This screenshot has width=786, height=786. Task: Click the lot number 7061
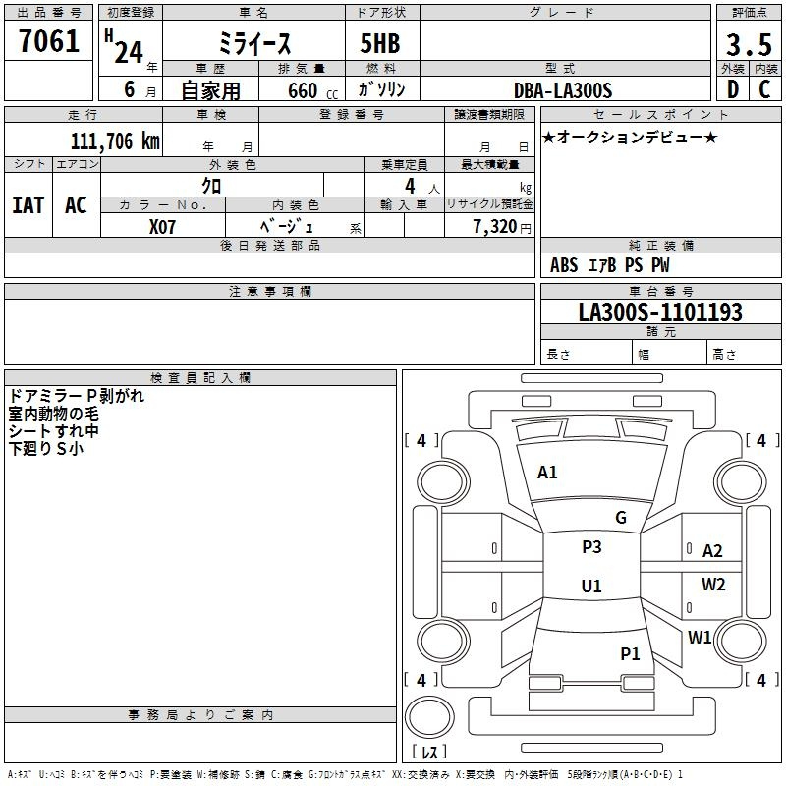[49, 41]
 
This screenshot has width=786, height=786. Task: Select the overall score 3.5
[749, 44]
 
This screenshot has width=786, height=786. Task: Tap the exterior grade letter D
[733, 89]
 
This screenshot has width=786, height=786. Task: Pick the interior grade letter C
[764, 89]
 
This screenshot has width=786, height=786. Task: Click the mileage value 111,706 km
[115, 141]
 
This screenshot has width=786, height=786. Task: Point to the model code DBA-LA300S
[563, 90]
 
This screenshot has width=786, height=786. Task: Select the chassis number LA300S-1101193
[660, 312]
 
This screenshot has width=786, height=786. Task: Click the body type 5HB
[380, 43]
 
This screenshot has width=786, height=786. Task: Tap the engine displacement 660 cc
[312, 91]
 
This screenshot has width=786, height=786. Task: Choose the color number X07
[162, 227]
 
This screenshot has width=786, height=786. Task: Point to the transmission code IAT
[28, 205]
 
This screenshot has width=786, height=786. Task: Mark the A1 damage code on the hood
[547, 473]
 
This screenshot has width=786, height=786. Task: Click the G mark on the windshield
[621, 518]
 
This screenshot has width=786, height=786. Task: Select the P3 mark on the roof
[591, 547]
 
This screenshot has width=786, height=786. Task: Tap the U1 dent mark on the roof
[591, 586]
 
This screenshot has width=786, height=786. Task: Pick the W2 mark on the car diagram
[713, 585]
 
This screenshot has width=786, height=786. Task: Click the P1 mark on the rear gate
[630, 654]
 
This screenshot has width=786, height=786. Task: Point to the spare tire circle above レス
[429, 717]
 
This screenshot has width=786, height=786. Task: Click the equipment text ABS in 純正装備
[564, 265]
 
